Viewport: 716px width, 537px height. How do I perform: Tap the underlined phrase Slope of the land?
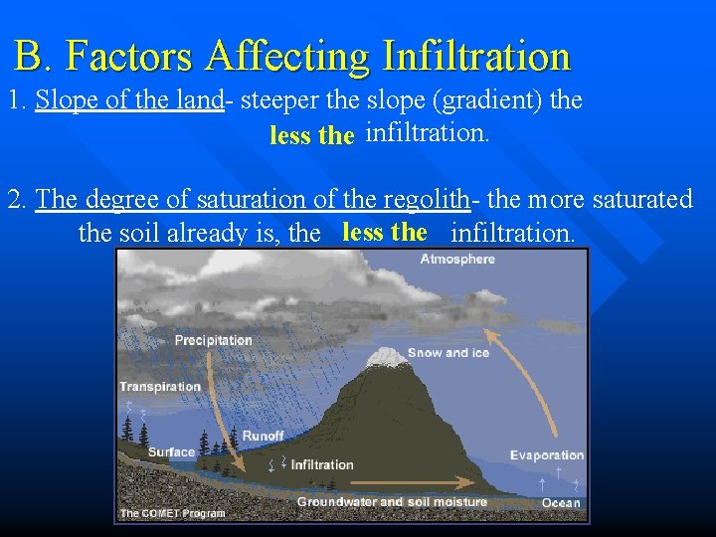pyautogui.click(x=128, y=101)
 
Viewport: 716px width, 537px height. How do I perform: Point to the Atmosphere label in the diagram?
pyautogui.click(x=457, y=260)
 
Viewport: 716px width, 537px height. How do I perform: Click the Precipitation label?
pyautogui.click(x=213, y=340)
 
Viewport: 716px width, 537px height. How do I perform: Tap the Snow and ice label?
pyautogui.click(x=447, y=353)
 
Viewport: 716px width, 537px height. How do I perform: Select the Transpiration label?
pyautogui.click(x=160, y=387)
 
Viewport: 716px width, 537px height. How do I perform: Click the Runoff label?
pyautogui.click(x=263, y=436)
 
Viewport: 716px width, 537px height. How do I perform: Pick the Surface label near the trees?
pyautogui.click(x=171, y=452)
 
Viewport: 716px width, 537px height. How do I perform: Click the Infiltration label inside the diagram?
pyautogui.click(x=322, y=464)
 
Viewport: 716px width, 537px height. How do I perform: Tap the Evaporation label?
pyautogui.click(x=547, y=455)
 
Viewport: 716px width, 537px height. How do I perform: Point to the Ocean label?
pyautogui.click(x=561, y=503)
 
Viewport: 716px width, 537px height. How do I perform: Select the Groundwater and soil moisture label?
pyautogui.click(x=392, y=503)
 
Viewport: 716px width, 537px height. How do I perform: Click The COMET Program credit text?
pyautogui.click(x=172, y=514)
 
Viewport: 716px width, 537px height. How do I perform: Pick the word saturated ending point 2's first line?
pyautogui.click(x=642, y=199)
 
